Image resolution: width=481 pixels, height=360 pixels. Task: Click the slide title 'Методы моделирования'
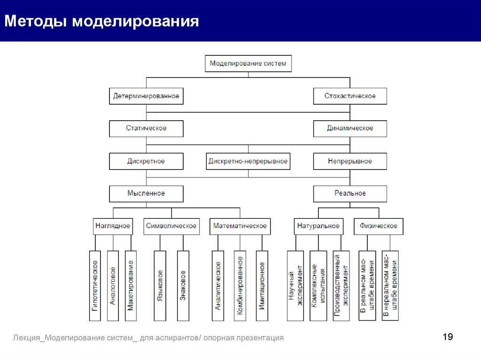tap(102, 22)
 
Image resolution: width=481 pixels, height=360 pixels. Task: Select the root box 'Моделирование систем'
tap(248, 63)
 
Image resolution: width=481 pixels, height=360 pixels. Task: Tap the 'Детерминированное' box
tap(146, 96)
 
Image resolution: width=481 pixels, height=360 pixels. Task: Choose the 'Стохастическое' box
tap(350, 96)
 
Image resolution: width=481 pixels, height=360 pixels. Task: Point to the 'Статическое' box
tap(146, 128)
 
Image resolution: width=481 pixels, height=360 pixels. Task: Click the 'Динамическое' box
tap(350, 128)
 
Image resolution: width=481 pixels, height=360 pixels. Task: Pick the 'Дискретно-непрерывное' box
tap(248, 161)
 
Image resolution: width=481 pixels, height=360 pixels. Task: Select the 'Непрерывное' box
tap(350, 161)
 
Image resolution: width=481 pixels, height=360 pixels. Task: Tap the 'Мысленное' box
tap(146, 193)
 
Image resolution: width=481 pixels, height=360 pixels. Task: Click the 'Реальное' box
tap(350, 193)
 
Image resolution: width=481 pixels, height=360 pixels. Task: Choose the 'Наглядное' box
tap(113, 226)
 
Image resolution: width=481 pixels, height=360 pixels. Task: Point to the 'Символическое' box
tap(171, 226)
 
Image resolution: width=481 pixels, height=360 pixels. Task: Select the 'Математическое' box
tap(240, 226)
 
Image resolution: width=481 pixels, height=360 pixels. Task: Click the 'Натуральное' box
tap(318, 226)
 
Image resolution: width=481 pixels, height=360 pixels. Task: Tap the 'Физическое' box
tap(379, 226)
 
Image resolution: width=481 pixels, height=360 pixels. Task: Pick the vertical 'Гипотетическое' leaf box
tap(95, 285)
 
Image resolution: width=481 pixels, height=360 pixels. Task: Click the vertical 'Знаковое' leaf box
tap(183, 285)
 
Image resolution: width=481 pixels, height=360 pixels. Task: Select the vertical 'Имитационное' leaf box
tap(262, 285)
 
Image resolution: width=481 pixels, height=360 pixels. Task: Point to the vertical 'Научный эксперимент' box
tap(295, 285)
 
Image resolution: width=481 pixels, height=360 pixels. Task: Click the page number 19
tap(448, 337)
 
